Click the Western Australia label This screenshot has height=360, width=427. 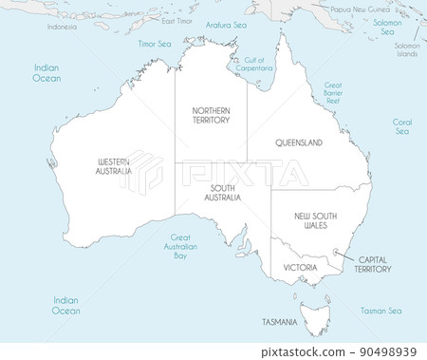[114, 166]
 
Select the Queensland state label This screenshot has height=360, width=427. [299, 142]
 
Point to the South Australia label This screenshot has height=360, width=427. [224, 192]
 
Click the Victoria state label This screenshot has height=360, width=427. [300, 268]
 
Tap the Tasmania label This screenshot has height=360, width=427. [280, 323]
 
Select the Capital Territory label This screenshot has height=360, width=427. [372, 264]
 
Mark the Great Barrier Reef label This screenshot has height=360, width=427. [333, 93]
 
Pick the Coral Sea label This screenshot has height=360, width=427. [402, 126]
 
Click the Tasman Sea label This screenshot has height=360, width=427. [381, 311]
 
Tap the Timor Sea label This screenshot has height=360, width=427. [155, 44]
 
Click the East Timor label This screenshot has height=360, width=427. [176, 21]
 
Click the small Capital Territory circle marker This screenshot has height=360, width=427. [336, 252]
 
